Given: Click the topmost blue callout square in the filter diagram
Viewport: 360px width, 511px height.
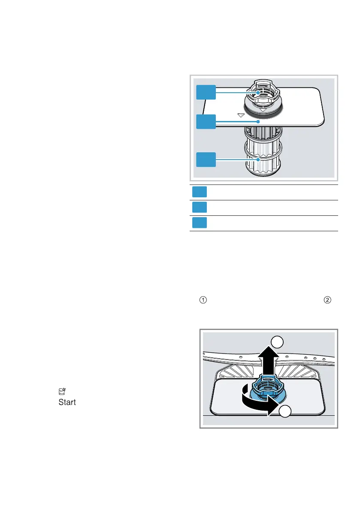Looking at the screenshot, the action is tap(206, 93).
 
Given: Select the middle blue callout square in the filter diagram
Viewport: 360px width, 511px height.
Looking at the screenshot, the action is tap(206, 121).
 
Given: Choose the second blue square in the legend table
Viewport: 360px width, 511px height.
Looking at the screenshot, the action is tap(200, 208).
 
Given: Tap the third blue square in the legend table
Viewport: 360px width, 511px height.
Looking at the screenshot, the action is tap(200, 223).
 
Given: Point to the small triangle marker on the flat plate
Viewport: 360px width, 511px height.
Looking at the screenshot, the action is tap(241, 115).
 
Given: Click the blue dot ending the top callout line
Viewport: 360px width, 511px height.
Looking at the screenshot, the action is tap(257, 92).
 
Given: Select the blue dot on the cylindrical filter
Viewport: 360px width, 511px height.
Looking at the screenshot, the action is tap(258, 160).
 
